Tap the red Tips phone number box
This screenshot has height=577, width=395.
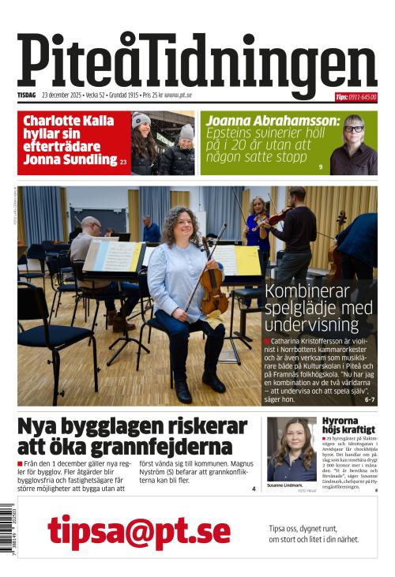click(355, 97)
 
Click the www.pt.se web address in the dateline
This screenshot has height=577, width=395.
click(178, 96)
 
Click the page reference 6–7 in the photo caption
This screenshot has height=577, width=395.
click(369, 400)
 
